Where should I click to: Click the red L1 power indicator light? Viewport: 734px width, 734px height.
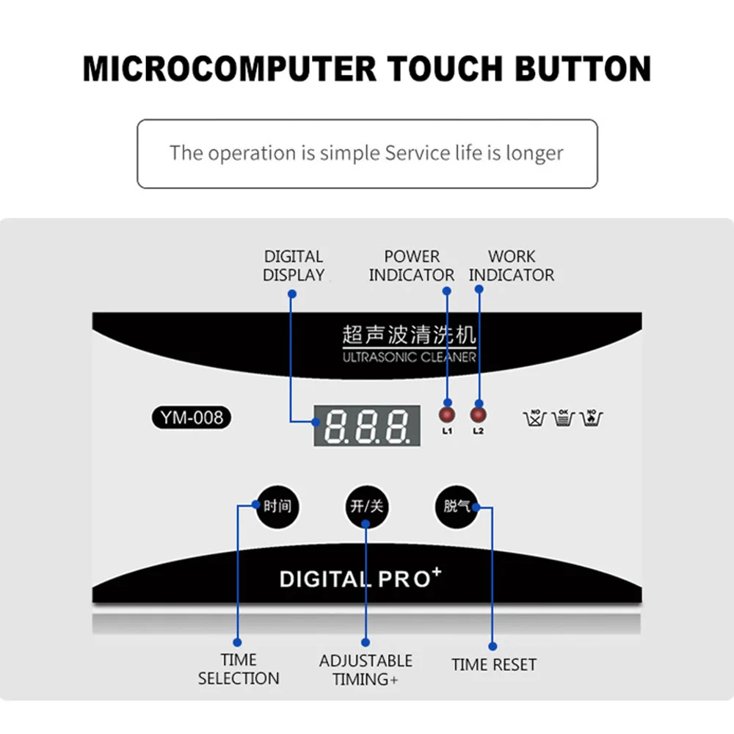447,413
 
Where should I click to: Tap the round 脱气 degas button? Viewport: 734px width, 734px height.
457,506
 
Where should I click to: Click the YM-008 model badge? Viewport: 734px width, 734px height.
192,418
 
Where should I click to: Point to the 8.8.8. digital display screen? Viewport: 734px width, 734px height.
366,426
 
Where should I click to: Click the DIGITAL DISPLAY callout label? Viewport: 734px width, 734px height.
294,266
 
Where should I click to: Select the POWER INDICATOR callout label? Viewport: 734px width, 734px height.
412,266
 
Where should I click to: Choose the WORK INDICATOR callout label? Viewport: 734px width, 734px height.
512,266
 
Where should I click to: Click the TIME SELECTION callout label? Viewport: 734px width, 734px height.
239,669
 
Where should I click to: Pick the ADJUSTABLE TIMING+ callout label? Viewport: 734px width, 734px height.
366,669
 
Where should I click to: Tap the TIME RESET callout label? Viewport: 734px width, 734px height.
494,665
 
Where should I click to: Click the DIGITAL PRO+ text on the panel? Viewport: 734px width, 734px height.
360,578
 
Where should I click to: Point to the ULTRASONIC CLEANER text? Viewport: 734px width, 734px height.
409,357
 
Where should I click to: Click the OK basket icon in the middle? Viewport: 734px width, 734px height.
563,418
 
